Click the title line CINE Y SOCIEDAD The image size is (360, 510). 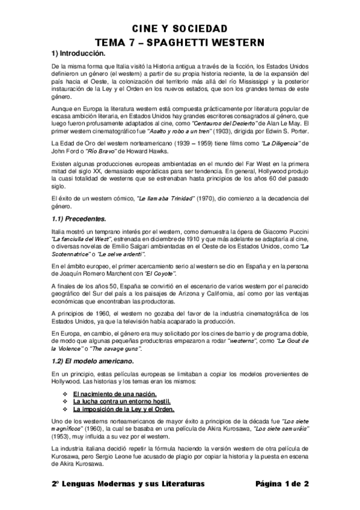coord(180,29)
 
